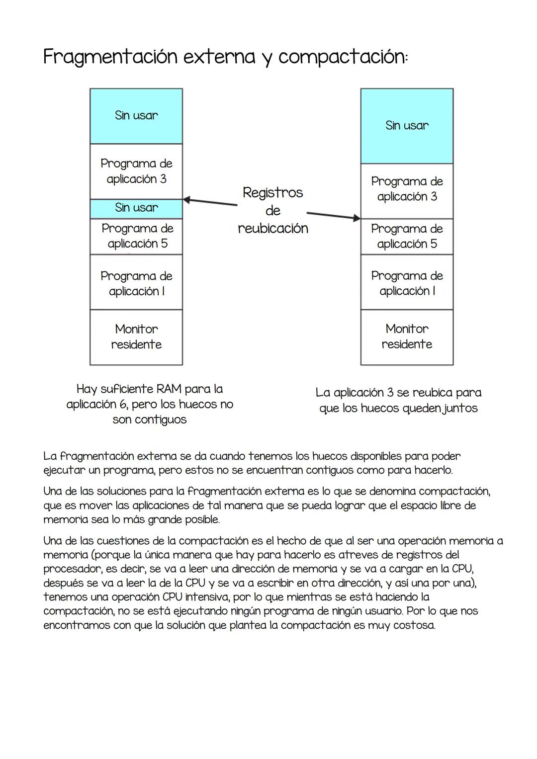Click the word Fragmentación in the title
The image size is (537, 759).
pos(110,57)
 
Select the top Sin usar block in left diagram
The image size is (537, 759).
pos(136,116)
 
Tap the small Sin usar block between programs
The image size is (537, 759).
pos(136,208)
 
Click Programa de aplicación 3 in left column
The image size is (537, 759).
pos(136,171)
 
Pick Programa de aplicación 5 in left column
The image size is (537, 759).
pos(136,236)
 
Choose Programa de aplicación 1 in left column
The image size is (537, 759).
pos(136,283)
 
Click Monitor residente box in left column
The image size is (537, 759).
pos(136,337)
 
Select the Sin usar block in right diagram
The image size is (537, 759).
pos(407,126)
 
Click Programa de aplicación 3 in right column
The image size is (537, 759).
pos(407,189)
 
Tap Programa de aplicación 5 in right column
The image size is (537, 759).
pos(407,236)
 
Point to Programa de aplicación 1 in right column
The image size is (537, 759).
pos(407,283)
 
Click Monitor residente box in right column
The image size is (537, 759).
pos(407,337)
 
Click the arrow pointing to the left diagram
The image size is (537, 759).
pos(209,202)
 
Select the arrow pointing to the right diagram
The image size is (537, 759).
pos(333,216)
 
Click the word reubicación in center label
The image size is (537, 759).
pos(273,229)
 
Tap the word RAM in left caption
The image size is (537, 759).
pos(169,389)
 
